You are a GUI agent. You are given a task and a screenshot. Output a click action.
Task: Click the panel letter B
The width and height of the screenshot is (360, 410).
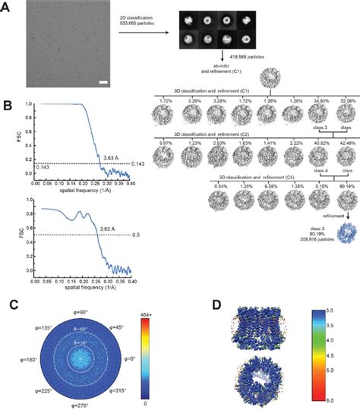(x=6, y=99)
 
